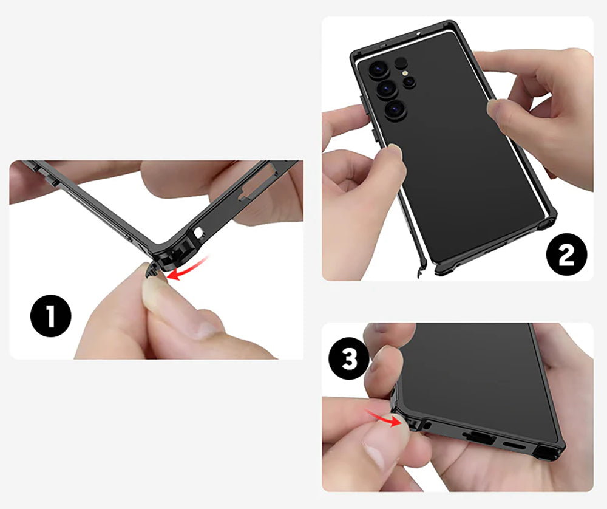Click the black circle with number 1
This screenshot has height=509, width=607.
(x=51, y=316)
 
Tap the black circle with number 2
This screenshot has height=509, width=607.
(x=566, y=254)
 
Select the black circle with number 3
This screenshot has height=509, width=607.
(x=349, y=360)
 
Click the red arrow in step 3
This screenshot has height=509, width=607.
(x=385, y=418)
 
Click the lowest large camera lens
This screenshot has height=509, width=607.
(x=396, y=109)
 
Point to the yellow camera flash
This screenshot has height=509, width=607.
(x=405, y=72)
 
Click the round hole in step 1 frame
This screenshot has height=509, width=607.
(x=199, y=233)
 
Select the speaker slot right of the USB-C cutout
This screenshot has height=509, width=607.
(x=514, y=445)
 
